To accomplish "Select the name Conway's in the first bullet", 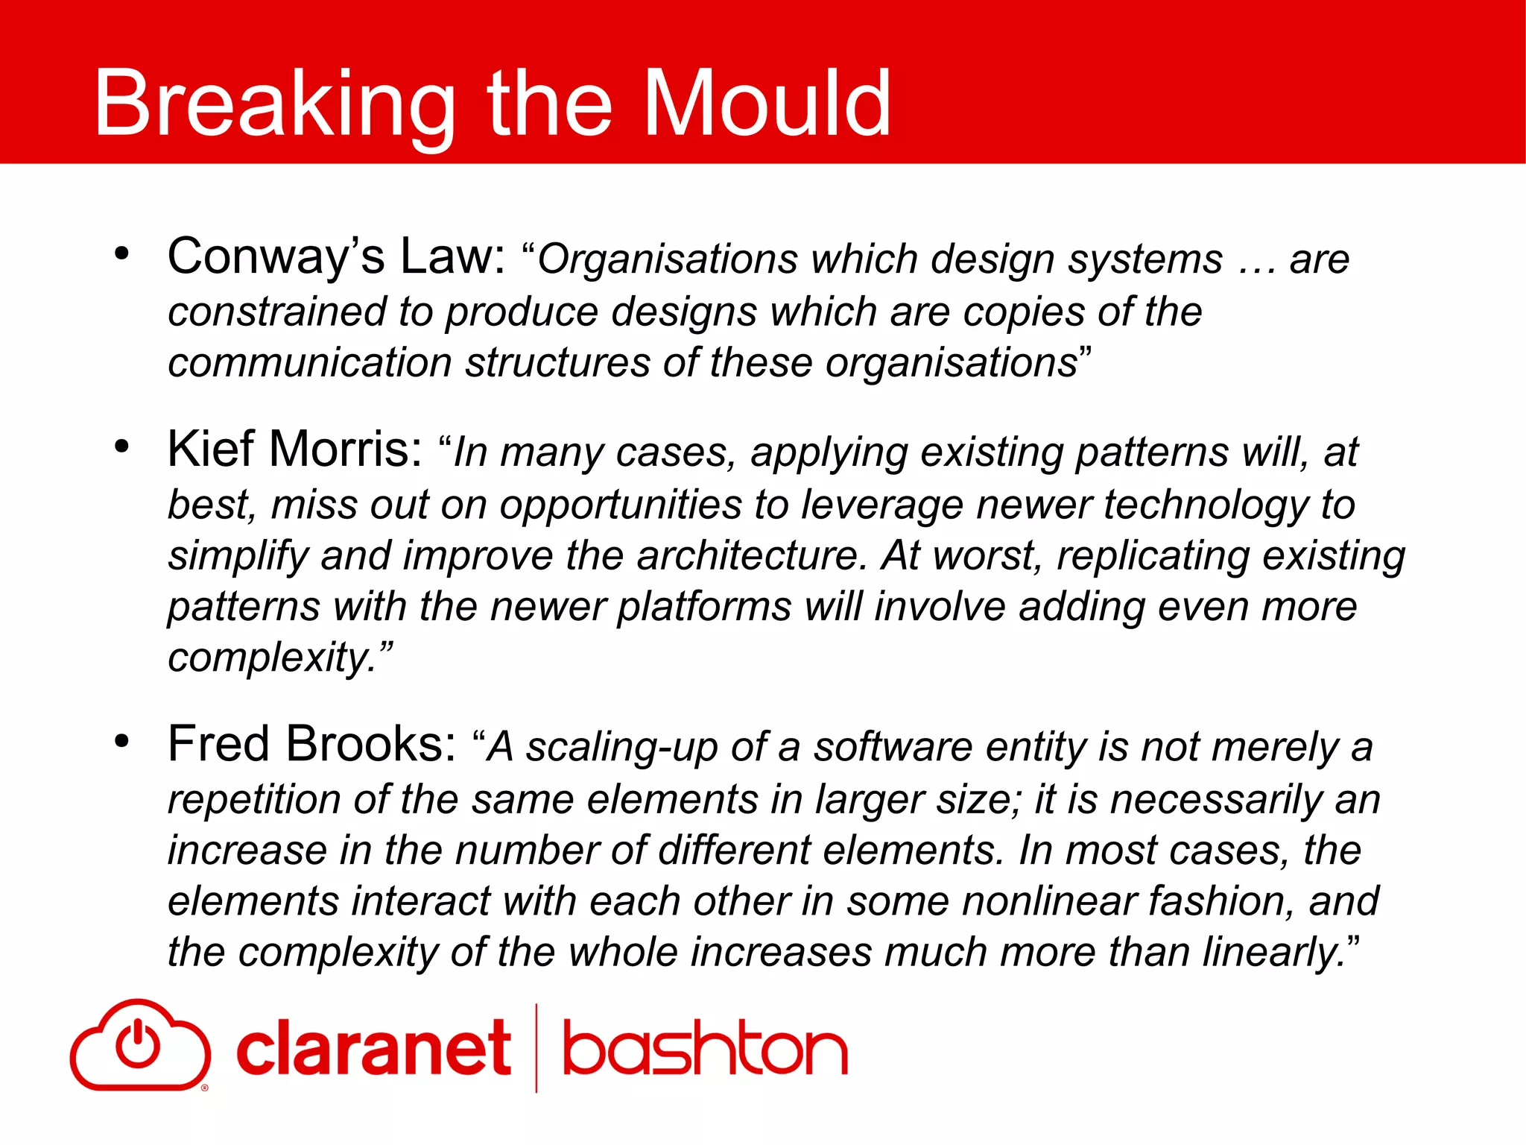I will [276, 257].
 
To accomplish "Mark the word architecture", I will [753, 556].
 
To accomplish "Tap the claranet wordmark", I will [373, 1049].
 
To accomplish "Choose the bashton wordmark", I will [705, 1049].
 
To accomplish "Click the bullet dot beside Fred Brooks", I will [122, 742].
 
